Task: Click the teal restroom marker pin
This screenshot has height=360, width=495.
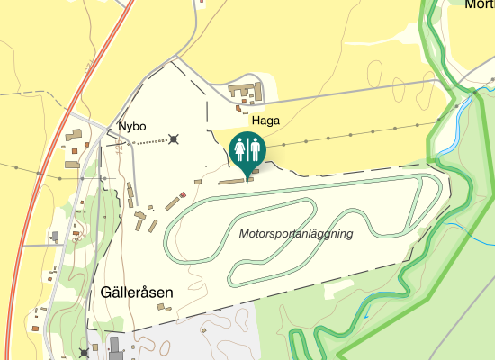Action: [x=247, y=148]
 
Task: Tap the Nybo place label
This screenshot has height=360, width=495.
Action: [x=131, y=127]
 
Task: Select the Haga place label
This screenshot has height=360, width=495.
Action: [x=265, y=121]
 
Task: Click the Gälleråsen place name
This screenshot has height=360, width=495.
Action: [x=137, y=292]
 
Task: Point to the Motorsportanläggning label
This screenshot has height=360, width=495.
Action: [x=296, y=234]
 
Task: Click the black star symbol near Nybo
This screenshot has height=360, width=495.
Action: [x=174, y=139]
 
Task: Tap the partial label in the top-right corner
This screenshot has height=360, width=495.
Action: [x=479, y=4]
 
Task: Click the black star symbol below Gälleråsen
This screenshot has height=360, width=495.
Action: [x=85, y=352]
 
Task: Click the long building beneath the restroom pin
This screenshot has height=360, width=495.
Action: [x=232, y=179]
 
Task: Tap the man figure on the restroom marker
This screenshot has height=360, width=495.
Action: [x=255, y=147]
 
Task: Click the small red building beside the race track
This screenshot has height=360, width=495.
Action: [x=183, y=194]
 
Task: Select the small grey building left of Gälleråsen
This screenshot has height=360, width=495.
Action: [x=55, y=237]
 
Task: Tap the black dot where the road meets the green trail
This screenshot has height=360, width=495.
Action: [x=474, y=91]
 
